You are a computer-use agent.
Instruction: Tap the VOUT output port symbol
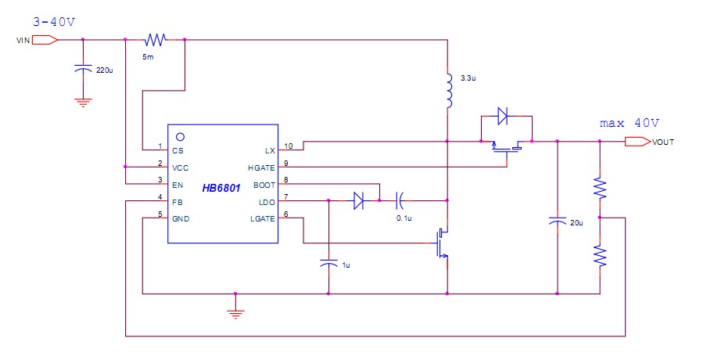tap(637, 142)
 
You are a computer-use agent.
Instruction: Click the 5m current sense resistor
tap(155, 39)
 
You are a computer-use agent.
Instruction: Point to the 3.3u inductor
tap(448, 92)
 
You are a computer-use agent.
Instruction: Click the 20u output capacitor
tap(557, 222)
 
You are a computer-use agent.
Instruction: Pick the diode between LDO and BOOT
tap(358, 201)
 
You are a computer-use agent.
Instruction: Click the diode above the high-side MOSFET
tap(502, 117)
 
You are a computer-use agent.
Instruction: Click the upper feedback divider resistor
tap(600, 188)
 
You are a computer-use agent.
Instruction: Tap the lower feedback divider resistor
tap(600, 256)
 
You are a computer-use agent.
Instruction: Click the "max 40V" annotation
tap(630, 123)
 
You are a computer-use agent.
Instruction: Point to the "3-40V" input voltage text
tap(54, 20)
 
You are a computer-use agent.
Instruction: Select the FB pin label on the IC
tap(178, 202)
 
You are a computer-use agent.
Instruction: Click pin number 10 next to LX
tap(288, 146)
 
